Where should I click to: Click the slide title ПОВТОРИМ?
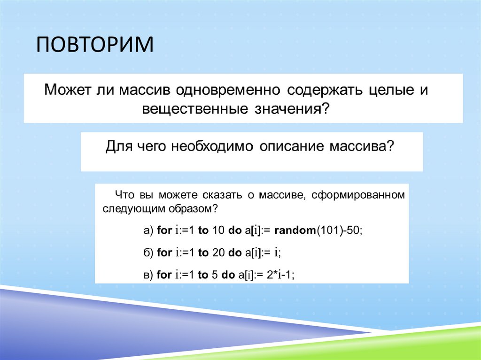95,45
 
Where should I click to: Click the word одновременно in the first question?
228,90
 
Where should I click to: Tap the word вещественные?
195,109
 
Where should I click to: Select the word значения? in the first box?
292,109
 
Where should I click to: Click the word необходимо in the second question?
212,146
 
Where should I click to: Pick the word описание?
292,146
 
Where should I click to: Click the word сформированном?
358,195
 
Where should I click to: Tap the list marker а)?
148,230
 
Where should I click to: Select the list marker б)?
148,253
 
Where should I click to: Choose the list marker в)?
148,275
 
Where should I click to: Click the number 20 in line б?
218,253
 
